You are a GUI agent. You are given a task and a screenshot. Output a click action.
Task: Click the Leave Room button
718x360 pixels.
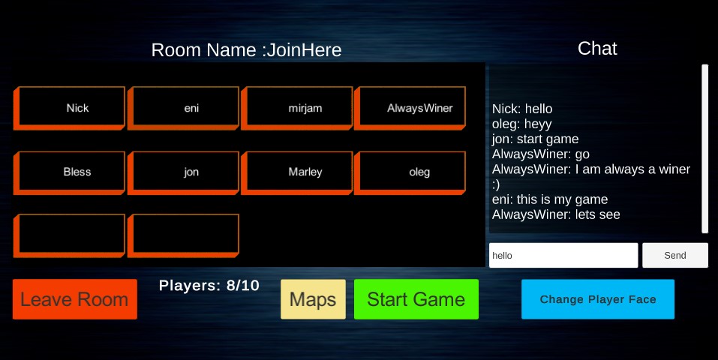pyautogui.click(x=74, y=299)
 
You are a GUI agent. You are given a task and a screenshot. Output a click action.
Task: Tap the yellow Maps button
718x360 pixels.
pyautogui.click(x=313, y=299)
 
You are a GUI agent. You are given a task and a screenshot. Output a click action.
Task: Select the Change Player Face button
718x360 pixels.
pyautogui.click(x=597, y=299)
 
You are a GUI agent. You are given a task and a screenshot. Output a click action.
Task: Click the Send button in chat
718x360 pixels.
pyautogui.click(x=675, y=255)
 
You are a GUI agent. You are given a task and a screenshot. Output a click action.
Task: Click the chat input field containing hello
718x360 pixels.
pyautogui.click(x=563, y=255)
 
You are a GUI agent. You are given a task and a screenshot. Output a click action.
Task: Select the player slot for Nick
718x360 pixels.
pyautogui.click(x=69, y=108)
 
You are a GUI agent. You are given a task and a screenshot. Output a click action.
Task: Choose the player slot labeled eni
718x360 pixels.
pyautogui.click(x=183, y=108)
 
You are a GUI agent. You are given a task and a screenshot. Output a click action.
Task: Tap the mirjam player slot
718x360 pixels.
pyautogui.click(x=296, y=108)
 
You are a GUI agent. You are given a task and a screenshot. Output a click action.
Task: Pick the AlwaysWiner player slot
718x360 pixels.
pyautogui.click(x=410, y=108)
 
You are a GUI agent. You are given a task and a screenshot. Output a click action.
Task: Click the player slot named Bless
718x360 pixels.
pyautogui.click(x=69, y=172)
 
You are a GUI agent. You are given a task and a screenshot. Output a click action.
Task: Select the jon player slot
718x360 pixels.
pyautogui.click(x=183, y=172)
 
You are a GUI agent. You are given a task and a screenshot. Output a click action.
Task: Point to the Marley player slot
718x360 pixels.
pyautogui.click(x=296, y=172)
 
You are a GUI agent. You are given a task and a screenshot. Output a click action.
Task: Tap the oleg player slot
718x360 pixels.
pyautogui.click(x=410, y=172)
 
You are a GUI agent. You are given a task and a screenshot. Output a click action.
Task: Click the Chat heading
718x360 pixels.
pyautogui.click(x=597, y=48)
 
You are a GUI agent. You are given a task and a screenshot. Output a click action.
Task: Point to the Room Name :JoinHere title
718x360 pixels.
pyautogui.click(x=246, y=50)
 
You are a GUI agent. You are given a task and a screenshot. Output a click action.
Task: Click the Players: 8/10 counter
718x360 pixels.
pyautogui.click(x=209, y=285)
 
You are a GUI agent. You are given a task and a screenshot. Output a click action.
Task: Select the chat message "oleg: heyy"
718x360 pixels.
pyautogui.click(x=521, y=124)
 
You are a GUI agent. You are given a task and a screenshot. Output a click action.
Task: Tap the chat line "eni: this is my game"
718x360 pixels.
pyautogui.click(x=550, y=199)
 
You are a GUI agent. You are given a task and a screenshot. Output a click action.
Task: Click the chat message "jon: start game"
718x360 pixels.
pyautogui.click(x=535, y=139)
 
